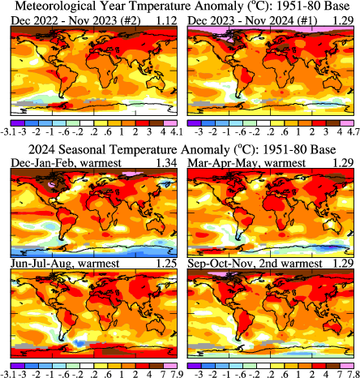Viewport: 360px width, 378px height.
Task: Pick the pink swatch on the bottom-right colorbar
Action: [346, 363]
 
